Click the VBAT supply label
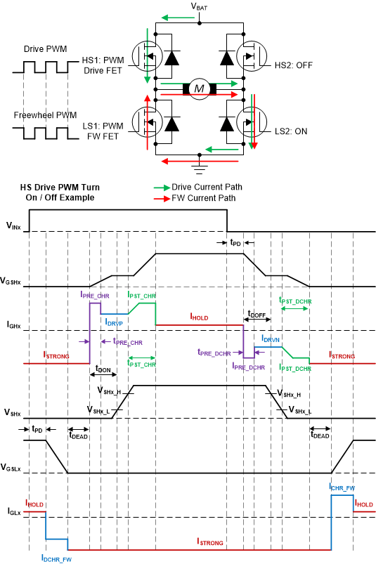[200, 6]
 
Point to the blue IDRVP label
[115, 321]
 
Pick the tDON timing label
[104, 368]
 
